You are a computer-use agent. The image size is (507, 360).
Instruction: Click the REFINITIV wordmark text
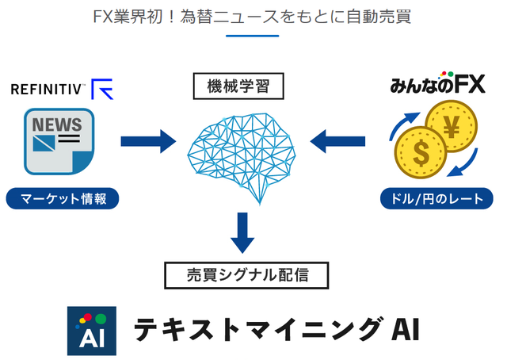[47, 90]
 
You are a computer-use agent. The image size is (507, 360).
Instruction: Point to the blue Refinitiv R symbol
[102, 89]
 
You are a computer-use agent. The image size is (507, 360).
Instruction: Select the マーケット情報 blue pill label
[62, 198]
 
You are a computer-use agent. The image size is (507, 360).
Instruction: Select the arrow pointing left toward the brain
[338, 142]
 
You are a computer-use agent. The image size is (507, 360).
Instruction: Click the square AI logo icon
[91, 330]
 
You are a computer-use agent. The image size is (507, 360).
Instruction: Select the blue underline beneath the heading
[252, 36]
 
